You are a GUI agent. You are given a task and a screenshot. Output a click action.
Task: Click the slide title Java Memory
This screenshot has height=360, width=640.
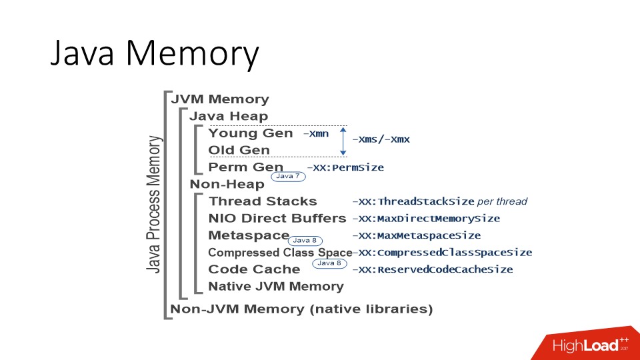pyautogui.click(x=154, y=54)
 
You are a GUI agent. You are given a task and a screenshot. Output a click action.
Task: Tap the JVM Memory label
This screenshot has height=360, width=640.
pyautogui.click(x=220, y=99)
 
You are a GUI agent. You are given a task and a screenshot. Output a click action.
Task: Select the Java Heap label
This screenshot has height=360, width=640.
pyautogui.click(x=229, y=116)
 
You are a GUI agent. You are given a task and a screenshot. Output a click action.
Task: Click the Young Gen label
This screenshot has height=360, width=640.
pyautogui.click(x=250, y=133)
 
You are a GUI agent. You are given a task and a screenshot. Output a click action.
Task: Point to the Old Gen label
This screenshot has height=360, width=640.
pyautogui.click(x=239, y=150)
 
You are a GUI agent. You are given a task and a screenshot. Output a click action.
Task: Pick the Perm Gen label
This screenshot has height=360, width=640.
pyautogui.click(x=245, y=167)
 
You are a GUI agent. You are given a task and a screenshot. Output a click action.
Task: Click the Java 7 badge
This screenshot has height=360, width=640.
pyautogui.click(x=288, y=177)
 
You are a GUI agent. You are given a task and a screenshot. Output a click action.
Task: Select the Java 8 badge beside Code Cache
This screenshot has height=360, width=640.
pyautogui.click(x=329, y=263)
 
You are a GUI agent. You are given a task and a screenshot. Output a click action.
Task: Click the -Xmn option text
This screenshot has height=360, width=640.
pyautogui.click(x=315, y=134)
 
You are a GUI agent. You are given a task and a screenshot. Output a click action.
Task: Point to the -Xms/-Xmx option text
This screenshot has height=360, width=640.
pyautogui.click(x=381, y=139)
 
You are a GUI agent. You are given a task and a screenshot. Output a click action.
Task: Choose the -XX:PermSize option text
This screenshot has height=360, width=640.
pyautogui.click(x=345, y=168)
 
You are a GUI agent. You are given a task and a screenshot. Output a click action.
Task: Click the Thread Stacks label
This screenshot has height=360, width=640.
pyautogui.click(x=263, y=201)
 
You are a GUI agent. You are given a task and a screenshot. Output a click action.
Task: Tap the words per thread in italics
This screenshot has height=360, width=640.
pyautogui.click(x=502, y=201)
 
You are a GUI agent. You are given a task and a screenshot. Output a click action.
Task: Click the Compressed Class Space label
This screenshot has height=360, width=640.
pyautogui.click(x=280, y=253)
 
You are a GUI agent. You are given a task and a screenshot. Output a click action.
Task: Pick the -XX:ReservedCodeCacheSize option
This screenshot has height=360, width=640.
pyautogui.click(x=433, y=270)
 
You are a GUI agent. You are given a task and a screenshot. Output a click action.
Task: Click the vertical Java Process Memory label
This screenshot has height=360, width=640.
pyautogui.click(x=154, y=204)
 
